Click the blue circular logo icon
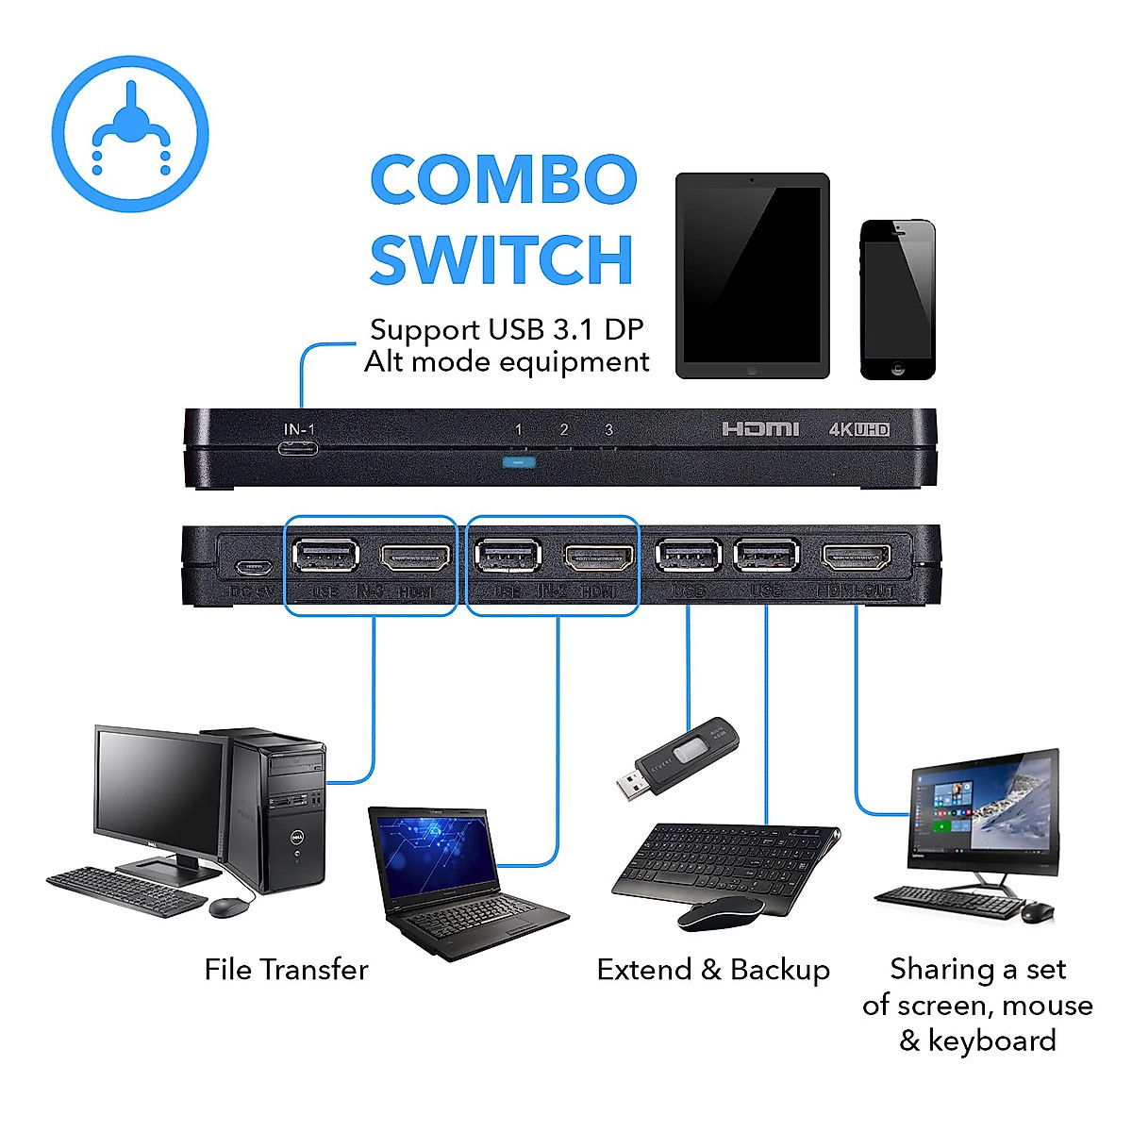pos(130,134)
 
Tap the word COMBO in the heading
pos(504,179)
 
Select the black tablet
pos(752,275)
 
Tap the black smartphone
pos(897,299)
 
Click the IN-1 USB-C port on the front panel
pos(298,447)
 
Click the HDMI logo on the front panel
pos(760,429)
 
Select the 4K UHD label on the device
pos(858,429)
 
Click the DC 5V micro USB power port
pos(254,568)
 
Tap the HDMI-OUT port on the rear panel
pos(857,558)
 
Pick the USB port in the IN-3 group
pos(325,557)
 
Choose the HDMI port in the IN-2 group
pos(598,558)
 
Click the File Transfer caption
pos(286,970)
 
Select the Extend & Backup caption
pos(713,970)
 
